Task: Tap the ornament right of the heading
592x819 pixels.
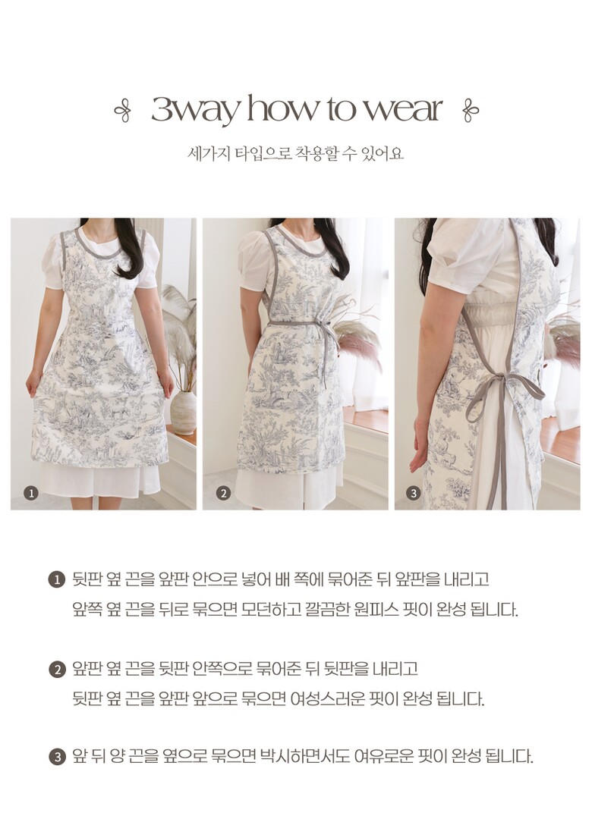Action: click(x=471, y=110)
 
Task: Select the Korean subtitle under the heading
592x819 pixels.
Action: click(x=295, y=153)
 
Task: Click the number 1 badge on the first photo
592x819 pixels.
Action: click(x=31, y=493)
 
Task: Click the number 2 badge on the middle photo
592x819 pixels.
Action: click(x=223, y=493)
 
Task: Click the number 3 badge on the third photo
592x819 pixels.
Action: click(x=414, y=493)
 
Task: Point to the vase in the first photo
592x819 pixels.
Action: click(x=184, y=413)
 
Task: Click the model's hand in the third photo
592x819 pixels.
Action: click(x=420, y=447)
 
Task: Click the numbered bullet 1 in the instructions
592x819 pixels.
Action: click(x=56, y=580)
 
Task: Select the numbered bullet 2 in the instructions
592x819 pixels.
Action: click(x=56, y=669)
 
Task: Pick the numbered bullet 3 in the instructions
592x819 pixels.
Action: click(x=56, y=757)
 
